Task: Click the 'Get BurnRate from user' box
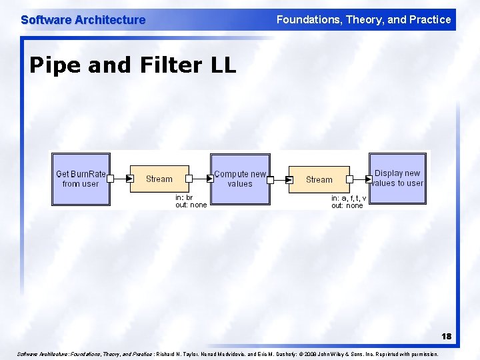click(x=80, y=179)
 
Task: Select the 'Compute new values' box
click(x=239, y=179)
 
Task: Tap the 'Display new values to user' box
click(x=398, y=179)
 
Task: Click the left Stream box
click(x=159, y=179)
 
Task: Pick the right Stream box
click(x=319, y=179)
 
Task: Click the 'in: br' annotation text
click(x=184, y=197)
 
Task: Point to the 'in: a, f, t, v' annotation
click(x=349, y=198)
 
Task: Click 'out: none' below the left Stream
click(x=191, y=205)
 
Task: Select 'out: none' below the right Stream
click(x=347, y=206)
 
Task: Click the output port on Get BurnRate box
click(x=111, y=179)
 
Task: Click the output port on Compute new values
click(x=271, y=179)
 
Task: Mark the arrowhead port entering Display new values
click(x=368, y=179)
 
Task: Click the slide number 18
click(x=445, y=337)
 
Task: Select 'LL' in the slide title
click(x=222, y=65)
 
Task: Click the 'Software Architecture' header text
click(x=83, y=20)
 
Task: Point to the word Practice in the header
click(x=429, y=20)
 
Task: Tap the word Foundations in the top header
click(x=308, y=20)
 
